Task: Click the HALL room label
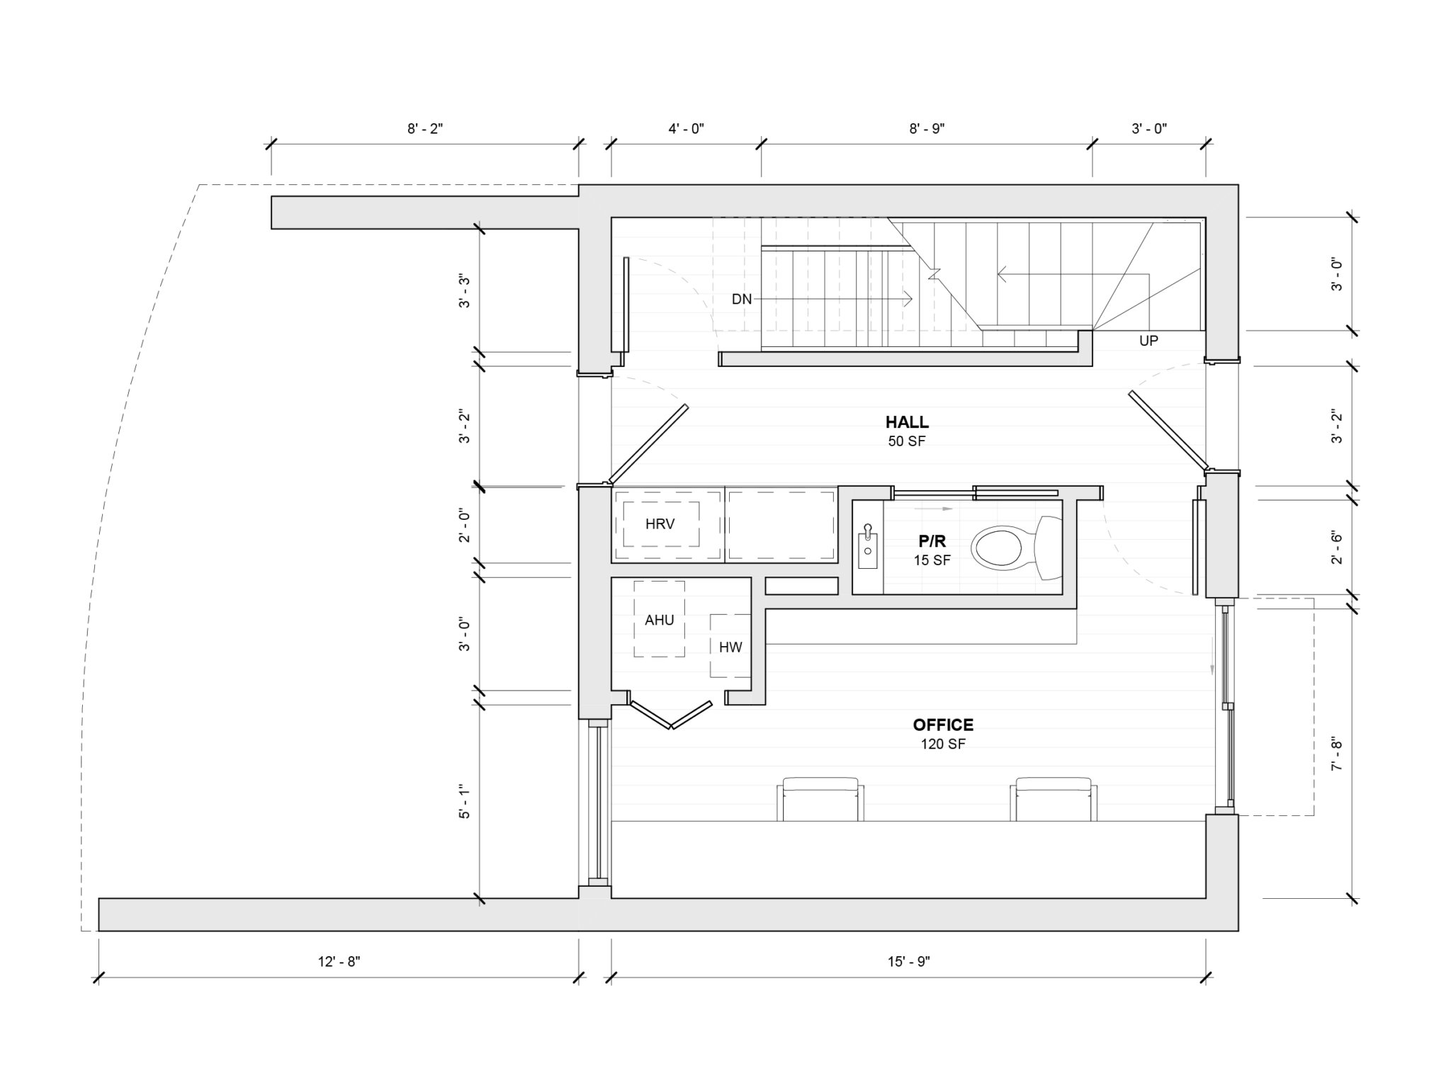pyautogui.click(x=907, y=422)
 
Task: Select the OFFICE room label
pyautogui.click(x=942, y=725)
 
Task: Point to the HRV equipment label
pyautogui.click(x=660, y=524)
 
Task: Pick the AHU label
pyautogui.click(x=659, y=620)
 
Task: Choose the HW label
pyautogui.click(x=730, y=647)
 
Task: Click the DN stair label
pyautogui.click(x=742, y=300)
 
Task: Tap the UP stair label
pyautogui.click(x=1148, y=341)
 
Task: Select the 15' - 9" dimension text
pyautogui.click(x=908, y=961)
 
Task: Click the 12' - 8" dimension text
pyautogui.click(x=339, y=961)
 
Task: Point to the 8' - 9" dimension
pyautogui.click(x=927, y=128)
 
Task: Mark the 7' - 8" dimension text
pyautogui.click(x=1336, y=756)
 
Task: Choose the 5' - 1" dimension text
pyautogui.click(x=464, y=801)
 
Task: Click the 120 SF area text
pyautogui.click(x=943, y=744)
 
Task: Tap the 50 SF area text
pyautogui.click(x=907, y=441)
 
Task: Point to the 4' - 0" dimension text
pyautogui.click(x=686, y=128)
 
